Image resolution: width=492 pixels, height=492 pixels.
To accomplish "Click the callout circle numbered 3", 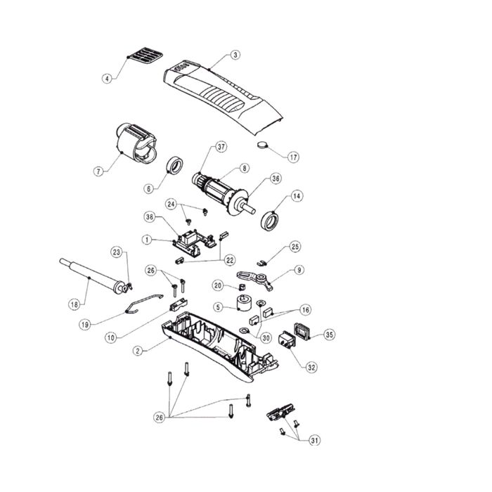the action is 235,55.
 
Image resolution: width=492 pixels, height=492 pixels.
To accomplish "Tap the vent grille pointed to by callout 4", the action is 145,56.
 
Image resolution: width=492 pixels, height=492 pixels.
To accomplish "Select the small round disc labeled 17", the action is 264,145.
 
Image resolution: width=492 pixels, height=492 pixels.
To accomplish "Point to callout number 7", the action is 99,171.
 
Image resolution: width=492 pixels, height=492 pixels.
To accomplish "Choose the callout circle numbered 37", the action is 221,147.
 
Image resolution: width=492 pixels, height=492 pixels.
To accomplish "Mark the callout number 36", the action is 276,179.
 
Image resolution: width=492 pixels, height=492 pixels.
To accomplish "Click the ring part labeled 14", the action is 270,221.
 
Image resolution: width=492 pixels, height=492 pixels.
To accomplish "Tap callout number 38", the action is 150,216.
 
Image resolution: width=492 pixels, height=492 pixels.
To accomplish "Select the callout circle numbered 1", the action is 147,240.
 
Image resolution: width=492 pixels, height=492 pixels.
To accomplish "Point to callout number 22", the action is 230,260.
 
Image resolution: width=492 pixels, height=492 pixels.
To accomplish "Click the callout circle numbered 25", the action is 295,246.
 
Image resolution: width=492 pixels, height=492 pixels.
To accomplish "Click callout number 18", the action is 75,304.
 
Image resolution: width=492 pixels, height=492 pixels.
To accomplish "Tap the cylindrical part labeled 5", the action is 244,303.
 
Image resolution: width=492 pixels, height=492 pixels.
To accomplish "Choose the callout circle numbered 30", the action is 266,337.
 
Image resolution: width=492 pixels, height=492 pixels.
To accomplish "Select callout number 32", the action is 311,367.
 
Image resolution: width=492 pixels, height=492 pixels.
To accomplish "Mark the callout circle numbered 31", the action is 314,441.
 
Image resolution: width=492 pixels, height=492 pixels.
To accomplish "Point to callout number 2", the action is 138,351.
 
